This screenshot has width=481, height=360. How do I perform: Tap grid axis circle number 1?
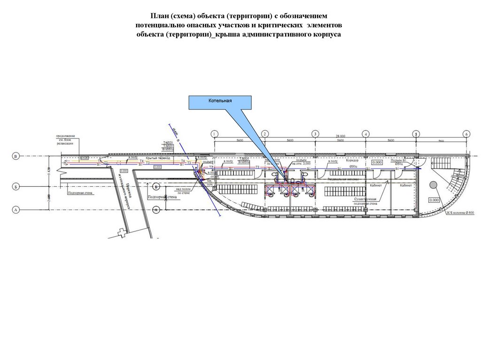(214, 134)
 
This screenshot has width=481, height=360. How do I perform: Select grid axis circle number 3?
(315, 134)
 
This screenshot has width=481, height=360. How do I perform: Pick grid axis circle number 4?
(365, 134)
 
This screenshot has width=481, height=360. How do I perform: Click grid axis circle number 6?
(466, 134)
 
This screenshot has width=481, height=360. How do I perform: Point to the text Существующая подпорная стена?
(366, 201)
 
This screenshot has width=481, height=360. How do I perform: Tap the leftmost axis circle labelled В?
(16, 156)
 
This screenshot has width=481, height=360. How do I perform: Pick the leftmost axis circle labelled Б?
(16, 187)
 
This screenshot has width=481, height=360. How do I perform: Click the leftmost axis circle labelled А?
(16, 210)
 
